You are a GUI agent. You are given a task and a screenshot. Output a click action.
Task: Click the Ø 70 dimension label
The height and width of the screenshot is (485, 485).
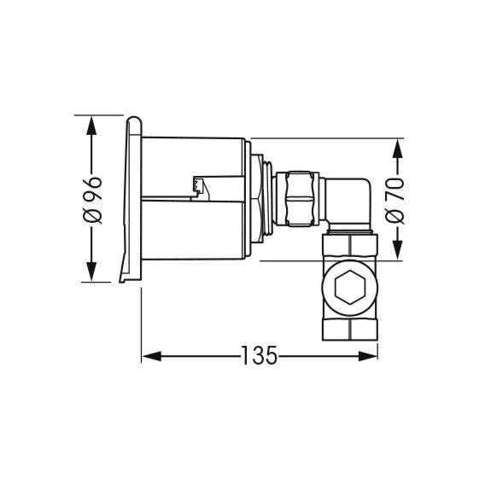395,201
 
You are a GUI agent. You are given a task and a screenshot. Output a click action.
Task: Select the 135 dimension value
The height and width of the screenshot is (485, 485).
258,355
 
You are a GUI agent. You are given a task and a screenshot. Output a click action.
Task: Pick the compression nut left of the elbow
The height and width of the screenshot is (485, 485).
300,198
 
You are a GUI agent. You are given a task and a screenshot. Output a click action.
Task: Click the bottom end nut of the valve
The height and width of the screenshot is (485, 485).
349,329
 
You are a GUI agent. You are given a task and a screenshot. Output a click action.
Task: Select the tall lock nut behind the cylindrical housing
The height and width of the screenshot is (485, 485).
257,198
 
